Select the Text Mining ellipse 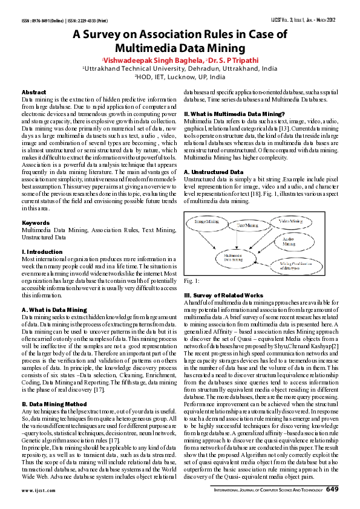coord(247,225)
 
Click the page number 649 coord(332,488)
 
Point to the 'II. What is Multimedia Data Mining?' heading coord(234,114)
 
